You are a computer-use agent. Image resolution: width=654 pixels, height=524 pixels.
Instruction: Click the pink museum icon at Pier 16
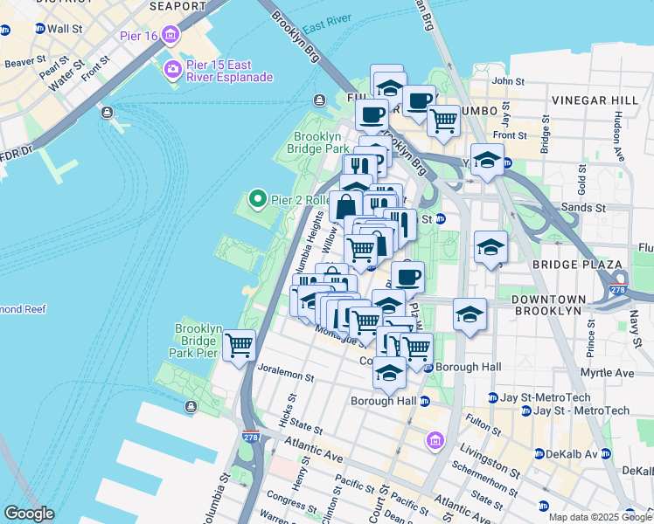(x=170, y=37)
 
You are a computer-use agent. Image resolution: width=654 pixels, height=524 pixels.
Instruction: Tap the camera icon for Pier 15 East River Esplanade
(x=172, y=69)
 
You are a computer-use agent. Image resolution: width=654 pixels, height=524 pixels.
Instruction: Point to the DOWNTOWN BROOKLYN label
(x=547, y=305)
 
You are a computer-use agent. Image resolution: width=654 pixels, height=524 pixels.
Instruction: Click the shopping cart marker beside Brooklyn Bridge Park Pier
(x=239, y=346)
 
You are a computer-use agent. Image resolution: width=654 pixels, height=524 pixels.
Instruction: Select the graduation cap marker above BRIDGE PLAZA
(x=491, y=246)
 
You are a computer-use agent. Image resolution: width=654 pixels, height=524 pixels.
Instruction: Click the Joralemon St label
(x=286, y=376)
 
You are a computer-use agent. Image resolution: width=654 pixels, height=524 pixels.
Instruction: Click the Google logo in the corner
(x=29, y=514)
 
